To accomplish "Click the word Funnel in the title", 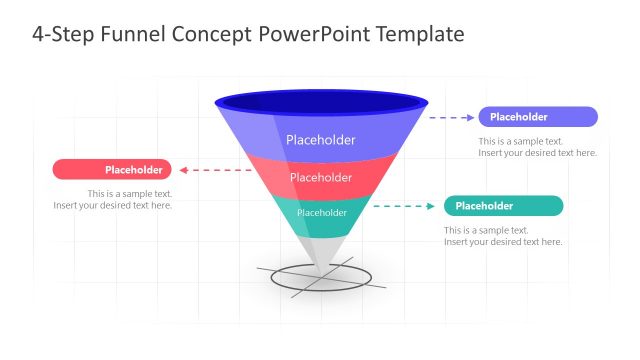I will [x=134, y=34].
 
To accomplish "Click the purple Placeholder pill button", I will [x=538, y=117].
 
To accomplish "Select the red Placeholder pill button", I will [x=112, y=170].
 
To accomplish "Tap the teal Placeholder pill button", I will [x=503, y=206].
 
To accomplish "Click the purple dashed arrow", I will [x=453, y=117].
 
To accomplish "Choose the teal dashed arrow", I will [x=406, y=206].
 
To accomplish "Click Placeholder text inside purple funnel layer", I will [x=321, y=140].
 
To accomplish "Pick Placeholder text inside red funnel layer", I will [x=321, y=178].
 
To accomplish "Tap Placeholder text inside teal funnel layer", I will [x=322, y=212].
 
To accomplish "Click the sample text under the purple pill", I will [x=537, y=147].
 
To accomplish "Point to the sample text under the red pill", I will [x=113, y=200].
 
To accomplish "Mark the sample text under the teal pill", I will [x=503, y=236].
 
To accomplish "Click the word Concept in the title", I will [x=213, y=34].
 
